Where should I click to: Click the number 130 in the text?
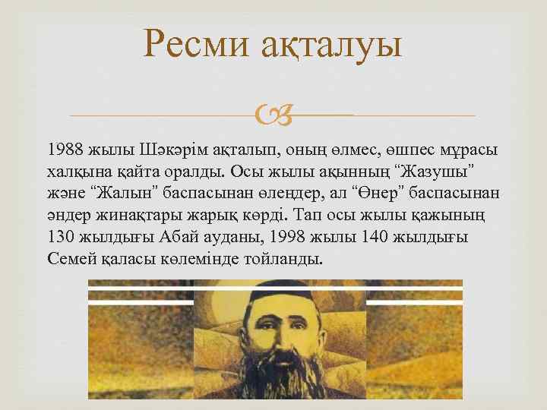point(60,237)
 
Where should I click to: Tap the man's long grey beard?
point(274,372)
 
